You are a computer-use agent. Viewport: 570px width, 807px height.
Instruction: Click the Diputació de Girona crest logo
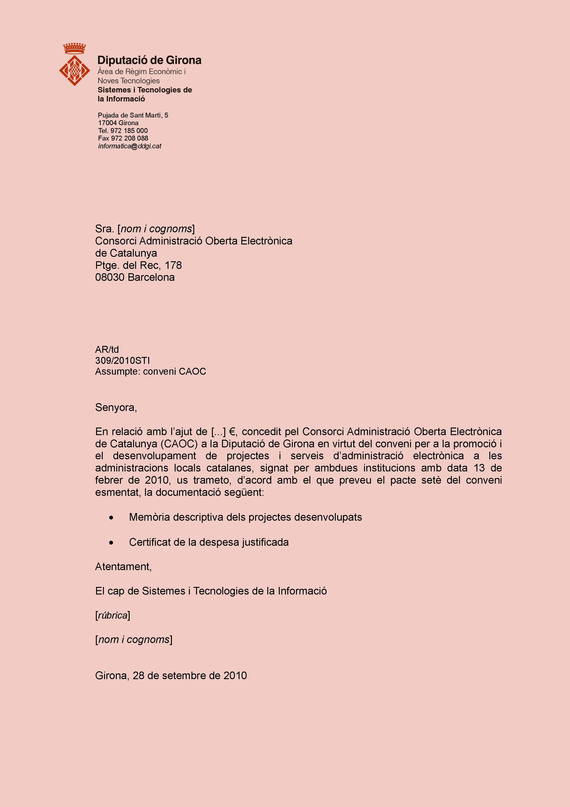click(74, 70)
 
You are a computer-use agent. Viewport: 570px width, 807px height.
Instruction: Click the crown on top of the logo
click(74, 48)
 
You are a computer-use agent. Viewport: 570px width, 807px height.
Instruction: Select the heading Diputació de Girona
click(149, 60)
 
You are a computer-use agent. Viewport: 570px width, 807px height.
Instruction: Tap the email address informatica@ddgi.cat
click(130, 146)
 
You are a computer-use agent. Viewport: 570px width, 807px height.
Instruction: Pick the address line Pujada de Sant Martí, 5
click(133, 115)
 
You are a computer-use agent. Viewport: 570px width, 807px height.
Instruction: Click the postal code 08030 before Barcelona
click(110, 277)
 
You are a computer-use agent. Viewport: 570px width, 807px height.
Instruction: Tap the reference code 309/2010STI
click(122, 361)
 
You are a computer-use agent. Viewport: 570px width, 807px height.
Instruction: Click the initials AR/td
click(107, 350)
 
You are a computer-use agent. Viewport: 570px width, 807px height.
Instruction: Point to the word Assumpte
click(117, 371)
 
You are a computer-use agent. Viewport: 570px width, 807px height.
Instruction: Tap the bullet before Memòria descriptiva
click(111, 518)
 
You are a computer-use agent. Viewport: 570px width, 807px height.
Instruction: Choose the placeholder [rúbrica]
click(112, 615)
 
